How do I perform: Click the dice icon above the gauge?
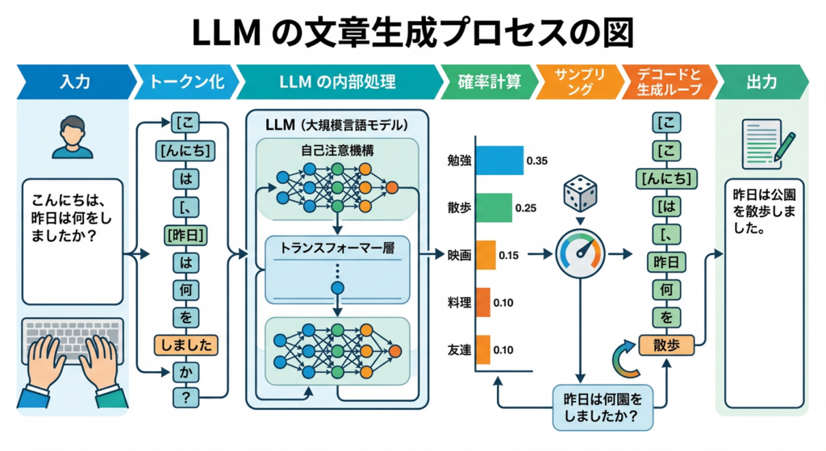580,194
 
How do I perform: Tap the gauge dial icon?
580,254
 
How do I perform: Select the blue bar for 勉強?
499,161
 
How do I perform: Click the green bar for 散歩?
494,207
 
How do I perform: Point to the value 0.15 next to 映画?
508,256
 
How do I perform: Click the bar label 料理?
459,303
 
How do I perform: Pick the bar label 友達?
459,350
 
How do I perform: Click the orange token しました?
186,345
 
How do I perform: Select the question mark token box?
186,397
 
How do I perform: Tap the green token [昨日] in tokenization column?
186,235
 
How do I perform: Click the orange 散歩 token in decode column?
666,345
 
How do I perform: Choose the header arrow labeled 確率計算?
489,81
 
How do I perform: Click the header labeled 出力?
761,81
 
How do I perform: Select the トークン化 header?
187,81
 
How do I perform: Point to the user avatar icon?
73,137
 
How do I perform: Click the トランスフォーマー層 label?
337,248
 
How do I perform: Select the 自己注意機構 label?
337,151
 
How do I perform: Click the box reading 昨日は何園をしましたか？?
603,407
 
